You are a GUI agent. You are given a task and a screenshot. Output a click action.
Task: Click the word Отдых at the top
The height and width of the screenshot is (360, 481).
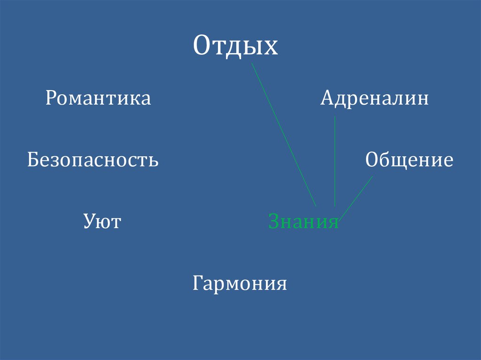click(x=235, y=47)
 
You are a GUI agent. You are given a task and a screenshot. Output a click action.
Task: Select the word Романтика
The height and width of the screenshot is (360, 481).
click(x=98, y=99)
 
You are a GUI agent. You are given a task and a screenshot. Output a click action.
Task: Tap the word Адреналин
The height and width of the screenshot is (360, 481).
click(x=374, y=99)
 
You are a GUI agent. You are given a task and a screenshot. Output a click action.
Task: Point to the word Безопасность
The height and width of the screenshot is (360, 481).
click(x=93, y=161)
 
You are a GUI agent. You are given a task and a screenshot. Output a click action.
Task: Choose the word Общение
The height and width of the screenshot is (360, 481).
click(x=409, y=161)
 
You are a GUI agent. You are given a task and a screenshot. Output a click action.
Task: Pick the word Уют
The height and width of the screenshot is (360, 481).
click(x=102, y=221)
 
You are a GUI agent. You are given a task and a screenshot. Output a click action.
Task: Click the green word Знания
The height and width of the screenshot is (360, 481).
click(x=303, y=222)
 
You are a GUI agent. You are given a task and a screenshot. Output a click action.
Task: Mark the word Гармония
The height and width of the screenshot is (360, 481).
click(x=240, y=283)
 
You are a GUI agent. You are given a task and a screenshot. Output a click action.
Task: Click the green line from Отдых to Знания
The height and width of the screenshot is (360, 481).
click(x=284, y=135)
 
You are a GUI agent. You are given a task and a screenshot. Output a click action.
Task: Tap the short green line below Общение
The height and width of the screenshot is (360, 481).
click(x=357, y=197)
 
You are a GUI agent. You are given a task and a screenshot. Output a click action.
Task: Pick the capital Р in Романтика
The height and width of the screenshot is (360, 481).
click(x=51, y=99)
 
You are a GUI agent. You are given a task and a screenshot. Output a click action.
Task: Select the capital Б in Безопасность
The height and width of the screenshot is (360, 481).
click(x=32, y=160)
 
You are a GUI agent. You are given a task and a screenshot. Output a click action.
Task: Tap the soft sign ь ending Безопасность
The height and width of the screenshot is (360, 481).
click(x=154, y=162)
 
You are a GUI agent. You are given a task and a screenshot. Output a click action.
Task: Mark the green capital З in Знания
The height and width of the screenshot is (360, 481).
click(x=273, y=222)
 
